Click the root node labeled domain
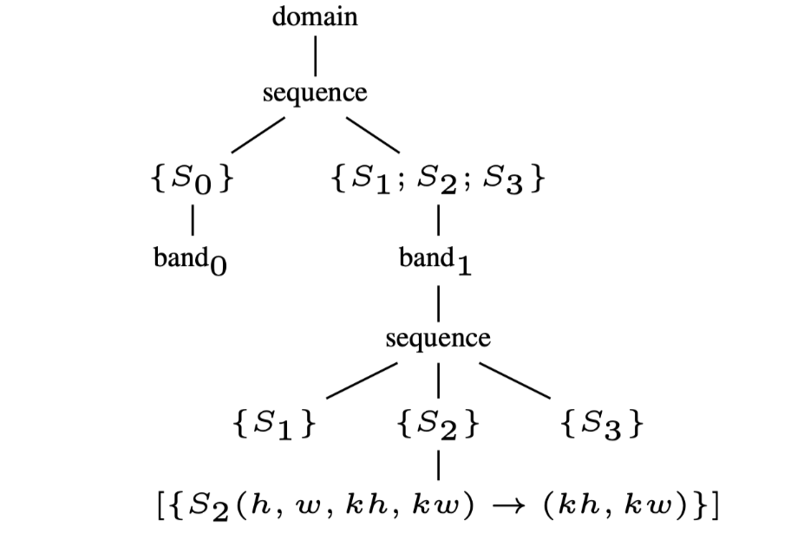pos(315,17)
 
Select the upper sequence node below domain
pos(315,93)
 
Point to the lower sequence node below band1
pos(438,337)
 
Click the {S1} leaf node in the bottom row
pos(273,425)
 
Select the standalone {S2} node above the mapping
pos(436,425)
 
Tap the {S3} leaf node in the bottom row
pos(602,425)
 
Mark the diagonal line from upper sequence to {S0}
pos(257,133)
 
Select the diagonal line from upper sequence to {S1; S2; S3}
pos(374,133)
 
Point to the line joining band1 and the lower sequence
pos(440,298)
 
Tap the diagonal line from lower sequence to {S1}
pos(362,380)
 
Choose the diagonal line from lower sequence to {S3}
pos(515,380)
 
